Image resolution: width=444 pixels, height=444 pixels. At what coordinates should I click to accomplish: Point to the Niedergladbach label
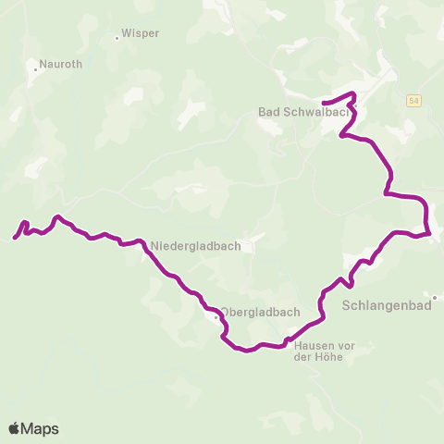pos(196,246)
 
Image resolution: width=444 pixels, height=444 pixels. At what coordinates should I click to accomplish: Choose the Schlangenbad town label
pos(388,304)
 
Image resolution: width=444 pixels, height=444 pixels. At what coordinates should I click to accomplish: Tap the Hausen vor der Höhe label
pos(318,351)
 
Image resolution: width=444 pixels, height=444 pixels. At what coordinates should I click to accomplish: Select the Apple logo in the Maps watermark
pos(14,428)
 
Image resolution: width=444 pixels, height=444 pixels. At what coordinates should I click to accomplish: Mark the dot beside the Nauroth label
pos(35,68)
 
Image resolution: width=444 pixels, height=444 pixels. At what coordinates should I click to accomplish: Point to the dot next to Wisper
pos(117,38)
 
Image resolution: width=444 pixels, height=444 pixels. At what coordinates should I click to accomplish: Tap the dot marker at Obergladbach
pos(216,317)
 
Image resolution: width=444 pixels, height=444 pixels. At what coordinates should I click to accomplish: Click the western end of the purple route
pos(15,239)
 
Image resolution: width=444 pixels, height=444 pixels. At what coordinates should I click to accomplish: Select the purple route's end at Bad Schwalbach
pos(323,103)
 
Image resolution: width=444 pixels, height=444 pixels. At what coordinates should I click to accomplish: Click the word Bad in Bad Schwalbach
pos(268,113)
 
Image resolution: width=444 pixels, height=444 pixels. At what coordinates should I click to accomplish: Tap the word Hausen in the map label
pos(312,346)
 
